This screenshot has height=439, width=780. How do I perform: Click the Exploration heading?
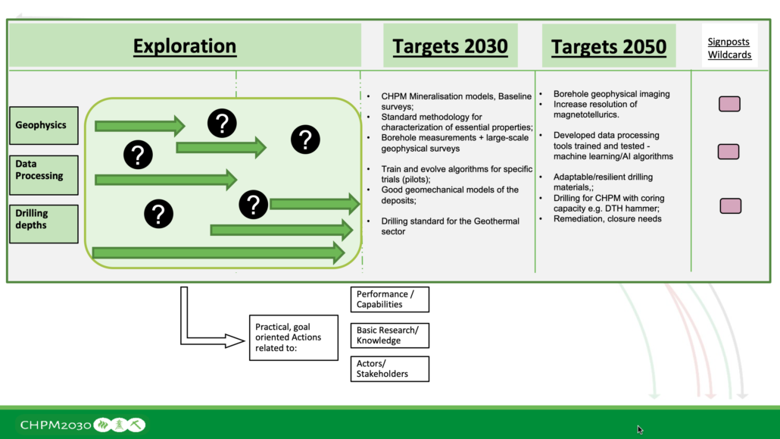tap(185, 46)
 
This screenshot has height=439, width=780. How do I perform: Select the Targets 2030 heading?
tap(450, 46)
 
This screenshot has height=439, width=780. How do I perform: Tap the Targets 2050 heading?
tap(609, 47)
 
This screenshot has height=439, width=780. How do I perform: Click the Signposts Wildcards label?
tap(729, 49)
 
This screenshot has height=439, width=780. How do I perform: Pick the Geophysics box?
tap(44, 126)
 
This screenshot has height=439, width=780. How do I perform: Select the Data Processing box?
tap(44, 175)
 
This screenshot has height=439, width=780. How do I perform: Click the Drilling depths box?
tap(44, 224)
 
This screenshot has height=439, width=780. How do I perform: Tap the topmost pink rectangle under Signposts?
tap(729, 104)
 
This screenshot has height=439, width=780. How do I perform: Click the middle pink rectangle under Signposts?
tap(729, 152)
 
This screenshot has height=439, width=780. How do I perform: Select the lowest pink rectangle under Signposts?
tap(730, 205)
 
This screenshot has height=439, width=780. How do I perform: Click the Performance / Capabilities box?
tap(389, 299)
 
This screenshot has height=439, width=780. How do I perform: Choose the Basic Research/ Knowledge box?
tap(389, 335)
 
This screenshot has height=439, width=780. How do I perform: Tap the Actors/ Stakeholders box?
tap(389, 368)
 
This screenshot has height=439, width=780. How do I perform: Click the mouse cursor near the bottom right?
tap(640, 429)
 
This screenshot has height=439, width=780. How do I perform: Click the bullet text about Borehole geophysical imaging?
tap(611, 94)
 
